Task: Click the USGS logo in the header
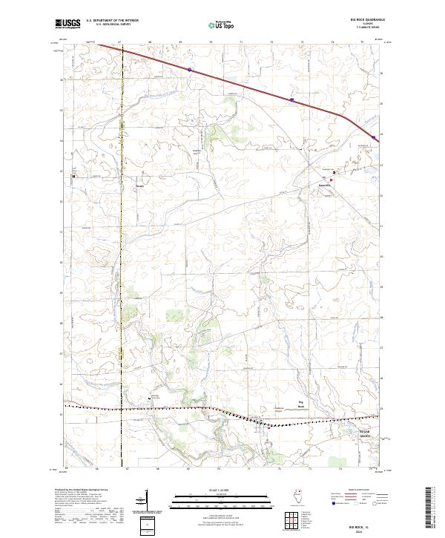pos(67,24)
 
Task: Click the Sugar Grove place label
pos(349,433)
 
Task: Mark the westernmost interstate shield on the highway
pos(190,69)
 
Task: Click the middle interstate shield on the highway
pos(292,99)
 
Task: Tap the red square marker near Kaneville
pos(334,173)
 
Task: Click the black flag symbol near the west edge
pos(73,176)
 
